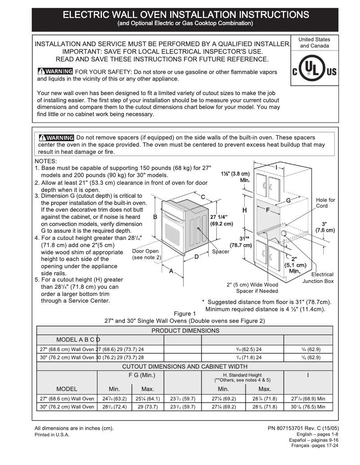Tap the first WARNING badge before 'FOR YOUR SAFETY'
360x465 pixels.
(55, 72)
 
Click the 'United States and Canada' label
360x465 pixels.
(314, 43)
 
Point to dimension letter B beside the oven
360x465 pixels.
(155, 217)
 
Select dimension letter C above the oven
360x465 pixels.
(203, 197)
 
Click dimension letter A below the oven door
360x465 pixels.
(171, 271)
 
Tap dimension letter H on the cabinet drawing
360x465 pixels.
(245, 210)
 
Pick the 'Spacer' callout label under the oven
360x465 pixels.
(220, 252)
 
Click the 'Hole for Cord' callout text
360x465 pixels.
(325, 203)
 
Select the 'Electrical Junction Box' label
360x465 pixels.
(318, 278)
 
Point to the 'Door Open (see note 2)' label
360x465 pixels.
(146, 254)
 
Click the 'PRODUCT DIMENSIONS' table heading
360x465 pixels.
(185, 330)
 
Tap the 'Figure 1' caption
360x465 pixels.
(185, 313)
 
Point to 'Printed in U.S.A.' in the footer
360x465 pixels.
(52, 435)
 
